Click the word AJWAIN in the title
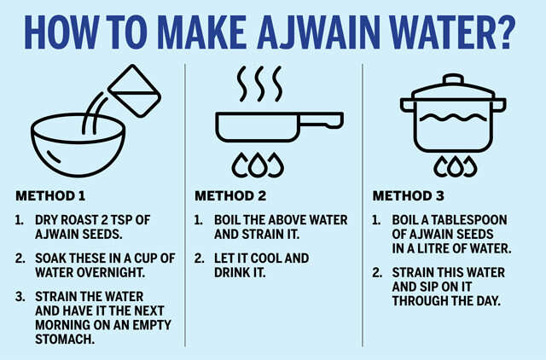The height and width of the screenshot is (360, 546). coord(318,32)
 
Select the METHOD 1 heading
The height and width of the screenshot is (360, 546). coord(50,196)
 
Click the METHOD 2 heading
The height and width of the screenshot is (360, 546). coord(230,196)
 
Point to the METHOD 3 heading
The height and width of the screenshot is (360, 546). coord(409,196)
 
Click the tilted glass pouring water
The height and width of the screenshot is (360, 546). coord(135,90)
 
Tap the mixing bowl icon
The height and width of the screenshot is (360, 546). coord(78,144)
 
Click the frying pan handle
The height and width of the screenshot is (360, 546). coord(321,119)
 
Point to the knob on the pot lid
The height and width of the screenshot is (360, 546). coord(453,79)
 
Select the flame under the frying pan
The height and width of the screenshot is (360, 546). coord(258,165)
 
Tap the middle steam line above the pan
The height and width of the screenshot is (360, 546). coord(259,84)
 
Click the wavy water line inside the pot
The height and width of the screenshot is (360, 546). coord(453,118)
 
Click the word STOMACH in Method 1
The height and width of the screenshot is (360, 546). coord(65,339)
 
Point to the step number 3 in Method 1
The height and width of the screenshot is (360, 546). coord(20,296)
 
